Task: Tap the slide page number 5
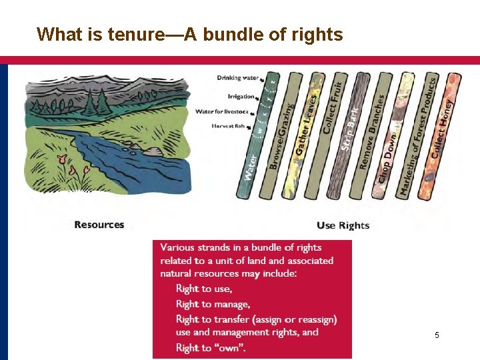(x=437, y=335)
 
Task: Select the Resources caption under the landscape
(x=99, y=225)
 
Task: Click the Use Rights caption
(x=343, y=225)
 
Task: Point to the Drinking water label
(x=238, y=78)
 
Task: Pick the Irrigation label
(x=241, y=96)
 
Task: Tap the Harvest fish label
(x=232, y=125)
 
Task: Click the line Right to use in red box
(x=204, y=289)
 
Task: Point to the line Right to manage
(x=213, y=304)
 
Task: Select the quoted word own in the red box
(x=228, y=347)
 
